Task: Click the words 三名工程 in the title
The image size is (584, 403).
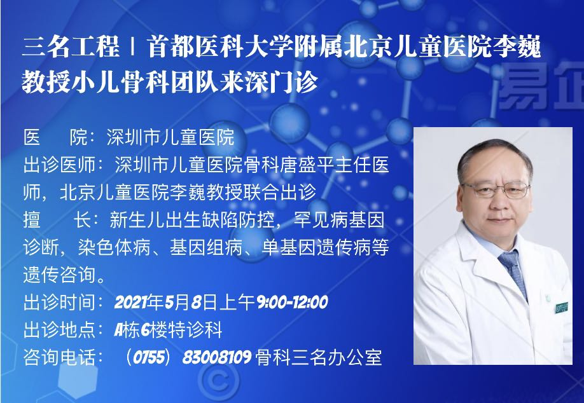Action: click(x=71, y=47)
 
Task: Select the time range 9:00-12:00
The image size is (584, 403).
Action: click(x=293, y=302)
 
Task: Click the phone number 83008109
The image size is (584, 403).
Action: click(x=217, y=357)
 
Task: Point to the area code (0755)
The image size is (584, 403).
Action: click(x=149, y=357)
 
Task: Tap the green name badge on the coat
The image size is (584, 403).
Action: click(x=561, y=308)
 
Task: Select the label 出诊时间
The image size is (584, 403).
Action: click(x=59, y=302)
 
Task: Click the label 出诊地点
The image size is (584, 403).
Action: click(x=59, y=330)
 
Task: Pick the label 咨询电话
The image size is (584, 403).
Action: click(x=59, y=357)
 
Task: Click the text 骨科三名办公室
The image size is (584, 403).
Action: click(x=319, y=357)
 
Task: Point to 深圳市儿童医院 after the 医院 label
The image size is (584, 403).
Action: click(x=170, y=137)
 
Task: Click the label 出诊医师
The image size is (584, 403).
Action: click(x=59, y=165)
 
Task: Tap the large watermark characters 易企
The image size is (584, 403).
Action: click(x=541, y=86)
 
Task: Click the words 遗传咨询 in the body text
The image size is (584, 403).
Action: click(x=59, y=275)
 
